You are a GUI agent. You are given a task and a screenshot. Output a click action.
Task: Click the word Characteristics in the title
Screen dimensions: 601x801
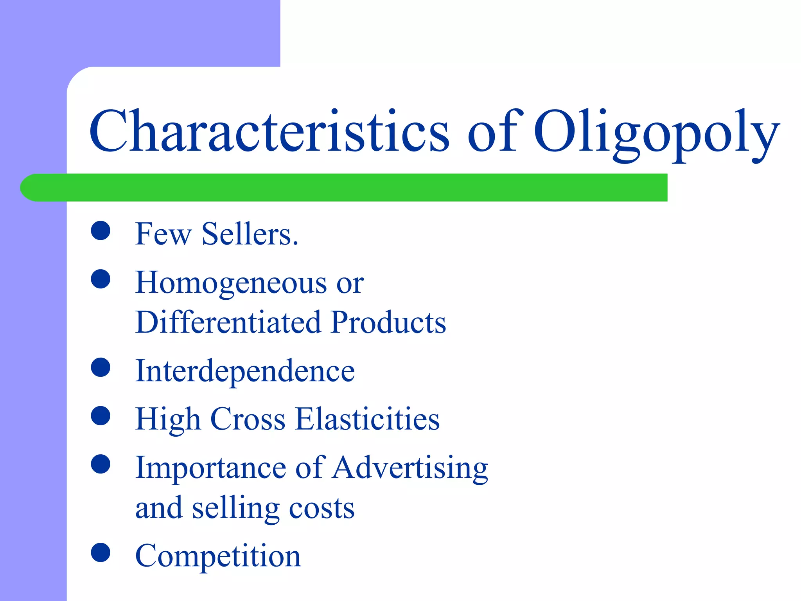269,131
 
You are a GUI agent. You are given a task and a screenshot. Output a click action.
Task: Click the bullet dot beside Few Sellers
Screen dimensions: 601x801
101,230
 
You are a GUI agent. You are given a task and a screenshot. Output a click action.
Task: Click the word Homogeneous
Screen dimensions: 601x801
231,283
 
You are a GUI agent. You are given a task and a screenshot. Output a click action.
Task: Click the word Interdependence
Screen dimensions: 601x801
245,371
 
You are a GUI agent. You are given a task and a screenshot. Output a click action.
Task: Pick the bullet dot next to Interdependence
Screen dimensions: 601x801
101,367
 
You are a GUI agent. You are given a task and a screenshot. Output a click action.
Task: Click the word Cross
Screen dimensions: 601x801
248,419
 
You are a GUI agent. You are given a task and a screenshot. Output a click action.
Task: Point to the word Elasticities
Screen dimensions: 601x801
368,419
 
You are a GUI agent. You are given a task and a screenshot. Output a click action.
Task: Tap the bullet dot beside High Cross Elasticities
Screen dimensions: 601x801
101,416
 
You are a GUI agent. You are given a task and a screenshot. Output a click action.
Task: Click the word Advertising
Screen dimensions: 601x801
410,468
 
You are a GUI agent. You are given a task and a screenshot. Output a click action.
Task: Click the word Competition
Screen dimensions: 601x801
218,556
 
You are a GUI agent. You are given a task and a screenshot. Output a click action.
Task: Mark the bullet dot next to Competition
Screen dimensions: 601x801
101,552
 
